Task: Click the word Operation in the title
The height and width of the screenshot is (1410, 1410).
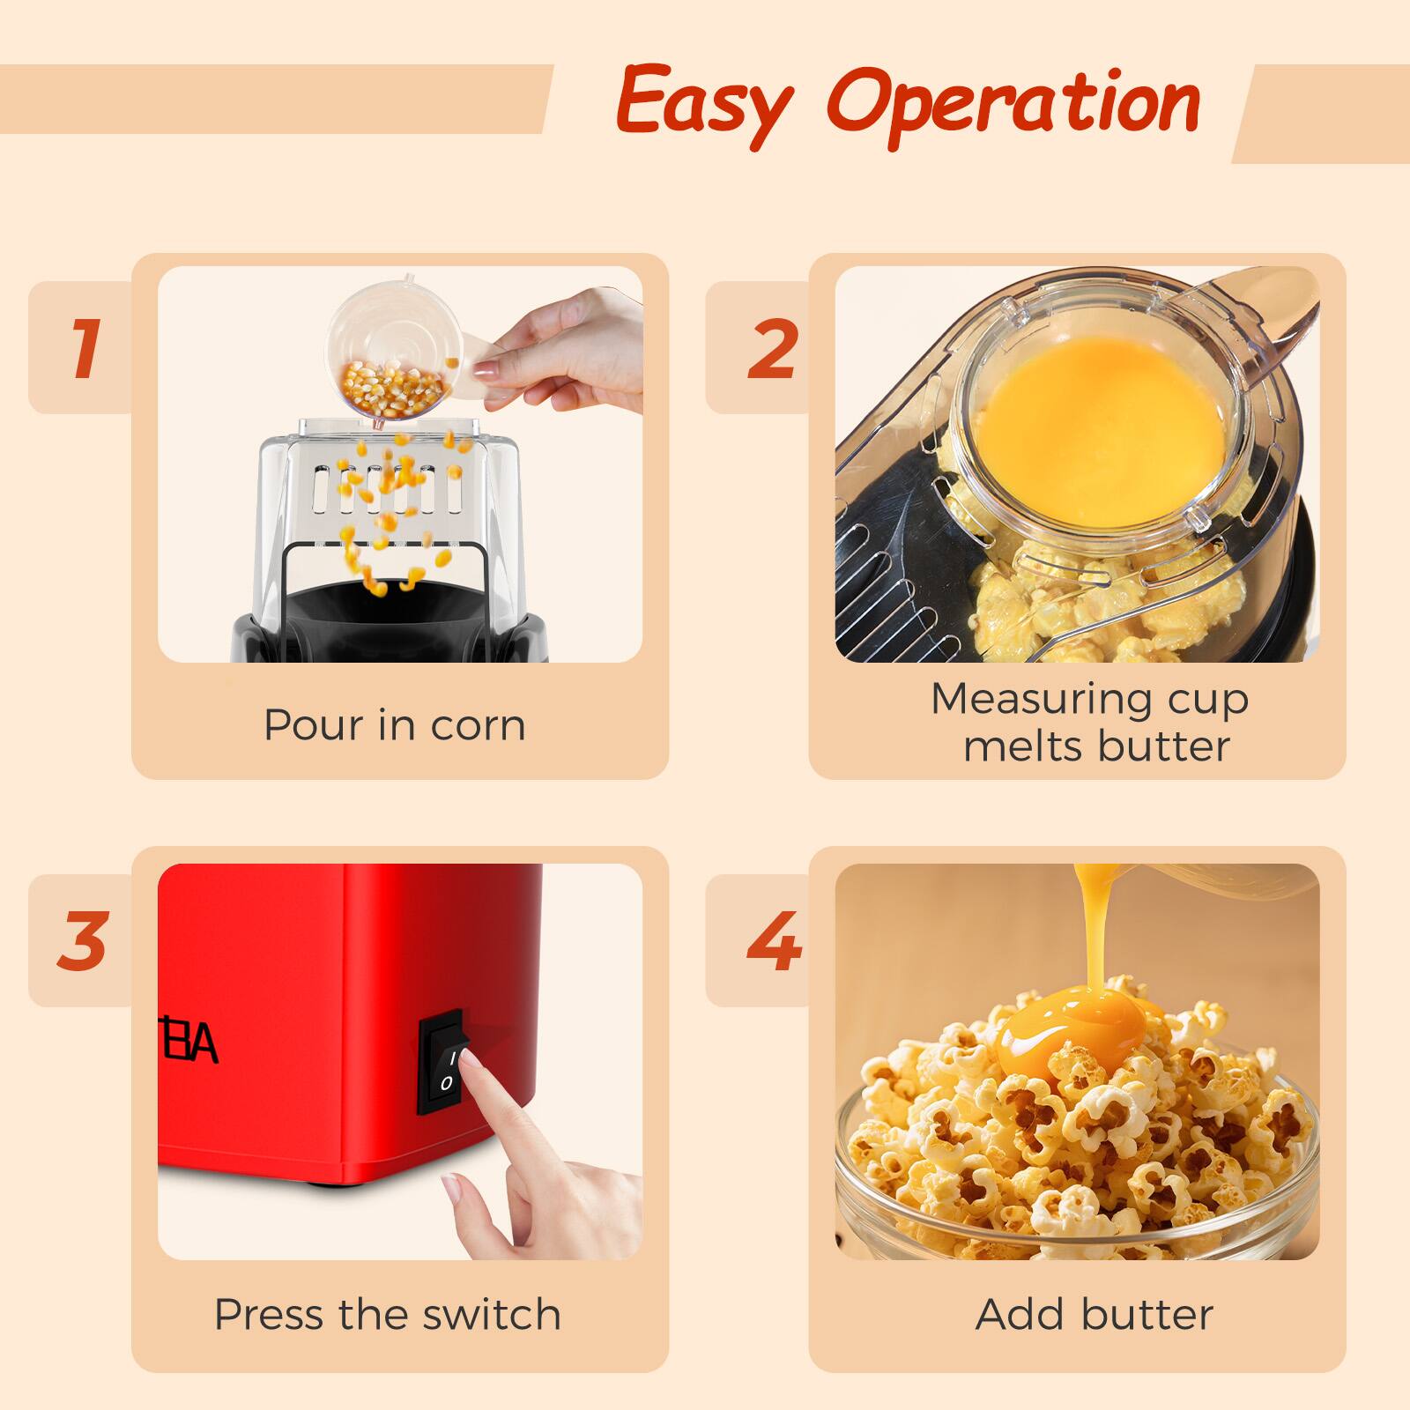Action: [x=1013, y=104]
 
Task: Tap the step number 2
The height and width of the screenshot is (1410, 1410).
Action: [x=772, y=348]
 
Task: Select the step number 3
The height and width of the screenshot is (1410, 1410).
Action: [x=82, y=940]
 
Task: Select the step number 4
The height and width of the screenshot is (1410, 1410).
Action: [x=773, y=940]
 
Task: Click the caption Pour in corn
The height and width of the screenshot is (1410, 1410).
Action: [x=395, y=725]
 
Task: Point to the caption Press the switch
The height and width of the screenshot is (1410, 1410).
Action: [x=388, y=1314]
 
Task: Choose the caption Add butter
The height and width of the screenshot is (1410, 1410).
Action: [x=1095, y=1314]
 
